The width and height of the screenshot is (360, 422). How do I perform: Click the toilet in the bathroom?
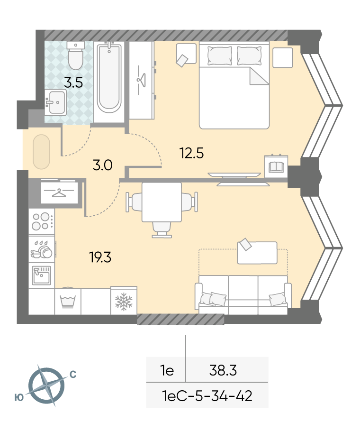76,55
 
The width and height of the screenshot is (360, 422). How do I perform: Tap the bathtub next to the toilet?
109,78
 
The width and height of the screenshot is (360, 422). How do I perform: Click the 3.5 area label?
73,83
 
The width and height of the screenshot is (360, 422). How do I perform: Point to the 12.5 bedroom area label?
191,153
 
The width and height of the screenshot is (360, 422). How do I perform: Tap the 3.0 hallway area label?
102,165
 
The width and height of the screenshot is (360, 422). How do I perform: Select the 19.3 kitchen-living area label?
100,257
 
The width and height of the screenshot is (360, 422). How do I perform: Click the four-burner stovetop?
42,221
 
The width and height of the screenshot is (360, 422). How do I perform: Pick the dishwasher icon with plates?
42,249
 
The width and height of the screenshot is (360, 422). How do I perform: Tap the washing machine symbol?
67,301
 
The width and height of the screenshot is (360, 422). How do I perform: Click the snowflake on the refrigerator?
124,302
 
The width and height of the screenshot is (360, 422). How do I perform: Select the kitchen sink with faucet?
41,275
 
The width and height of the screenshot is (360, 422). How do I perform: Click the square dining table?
162,202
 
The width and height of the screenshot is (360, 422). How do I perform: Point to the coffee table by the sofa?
257,252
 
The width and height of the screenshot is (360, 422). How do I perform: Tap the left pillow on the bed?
220,55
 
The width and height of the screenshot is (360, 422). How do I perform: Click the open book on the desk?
276,167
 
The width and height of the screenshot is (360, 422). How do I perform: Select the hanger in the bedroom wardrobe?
141,80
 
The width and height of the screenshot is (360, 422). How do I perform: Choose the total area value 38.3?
223,370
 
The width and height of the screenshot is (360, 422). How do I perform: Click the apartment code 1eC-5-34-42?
207,396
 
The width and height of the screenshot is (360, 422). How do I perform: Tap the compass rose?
46,385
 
